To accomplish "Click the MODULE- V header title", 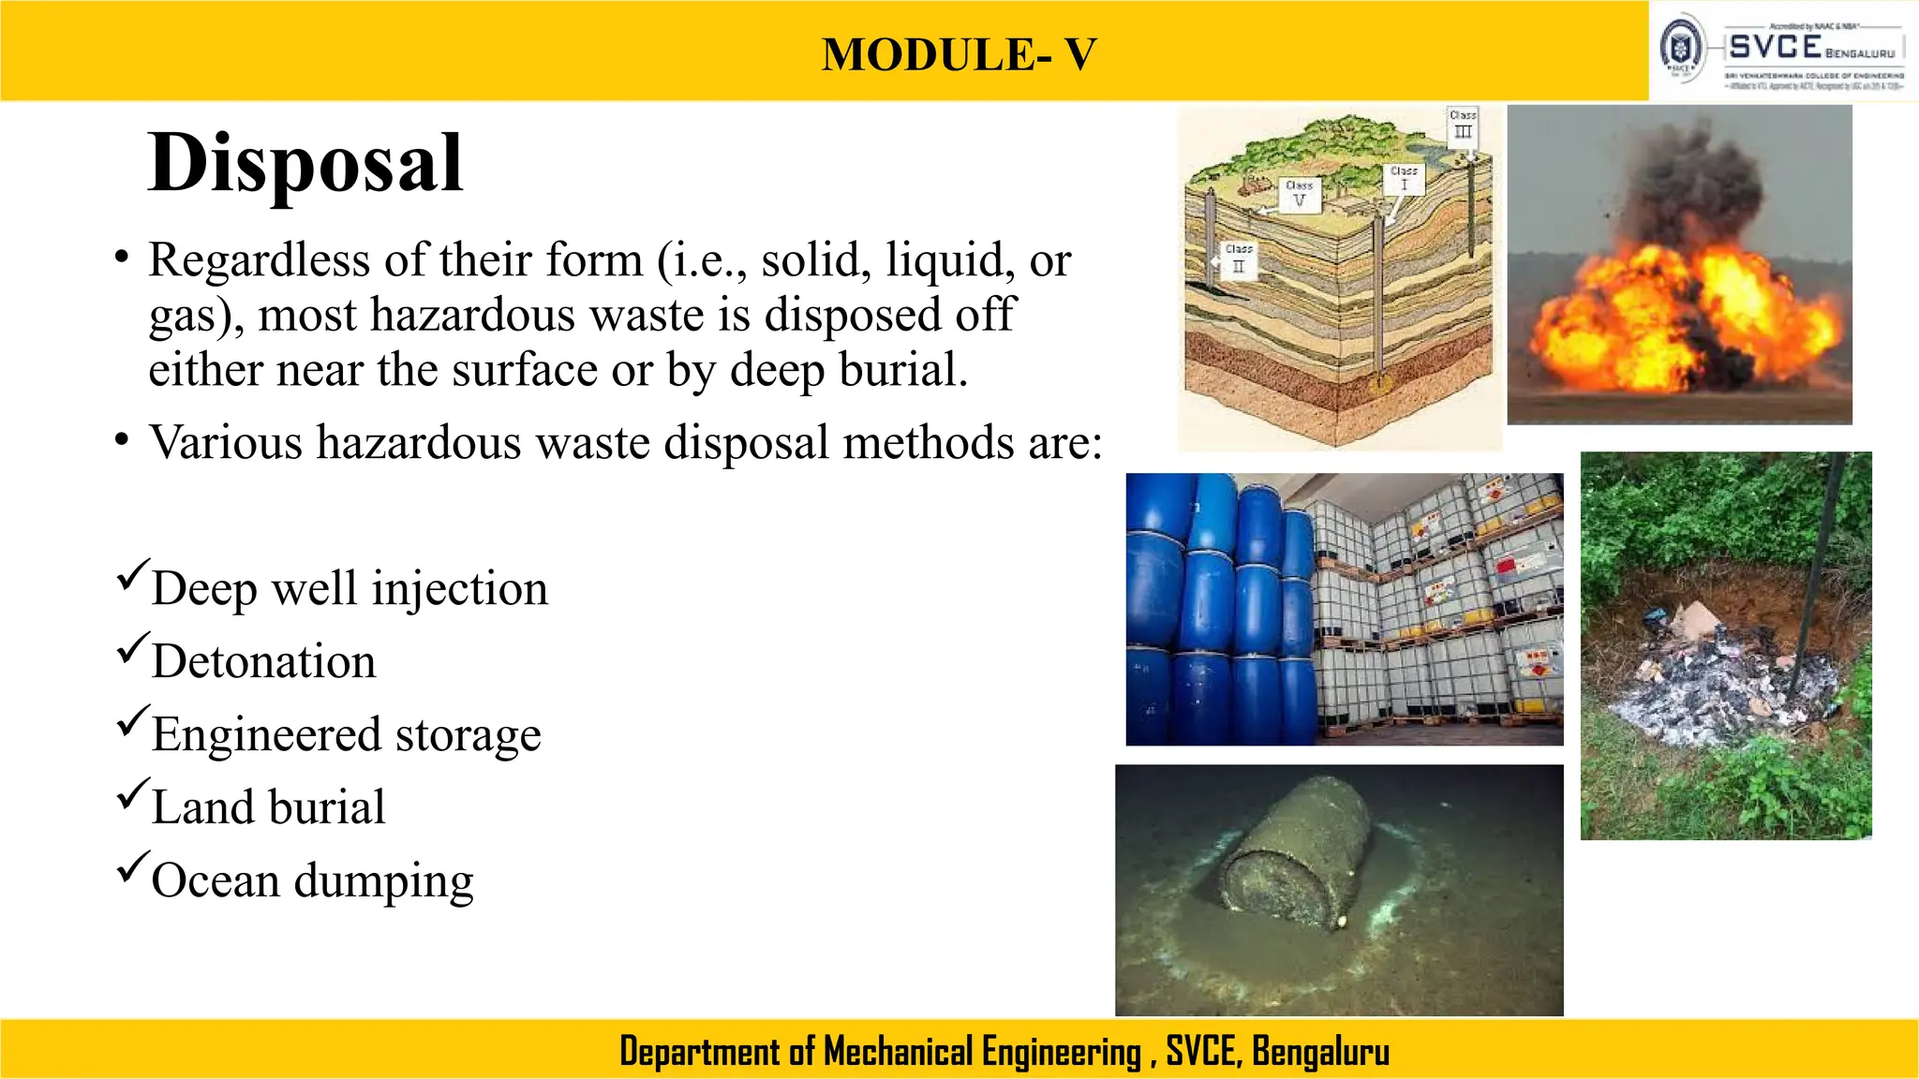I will point(959,54).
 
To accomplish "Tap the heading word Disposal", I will point(305,163).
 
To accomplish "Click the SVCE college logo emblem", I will point(1682,48).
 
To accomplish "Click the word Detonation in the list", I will point(263,661).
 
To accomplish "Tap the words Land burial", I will point(268,807).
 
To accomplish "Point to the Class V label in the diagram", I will point(1299,194).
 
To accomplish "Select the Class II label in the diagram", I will point(1239,259).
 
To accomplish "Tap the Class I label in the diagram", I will point(1404,178).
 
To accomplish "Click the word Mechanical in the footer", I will point(898,1051).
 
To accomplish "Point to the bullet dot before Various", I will point(121,439).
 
